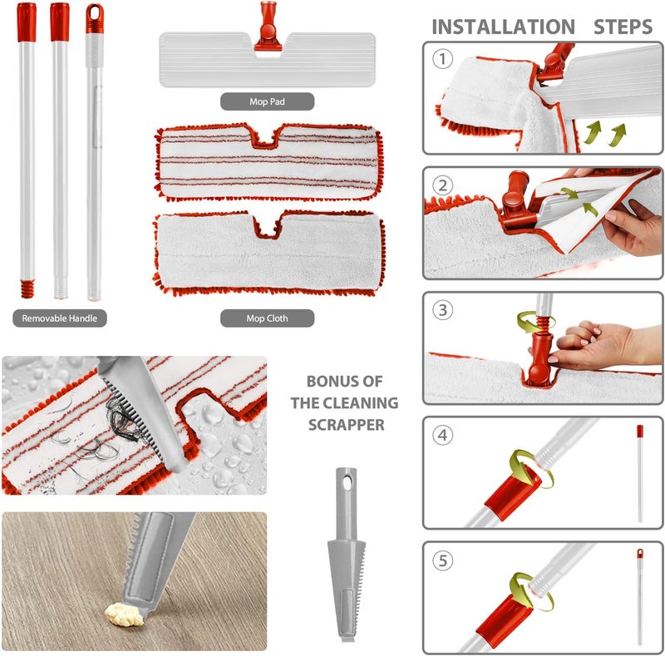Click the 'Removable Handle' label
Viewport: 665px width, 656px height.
[x=59, y=318]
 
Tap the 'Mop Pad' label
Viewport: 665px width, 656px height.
[x=267, y=101]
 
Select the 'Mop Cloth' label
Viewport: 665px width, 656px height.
[x=267, y=318]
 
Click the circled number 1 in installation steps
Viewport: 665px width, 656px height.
[x=442, y=59]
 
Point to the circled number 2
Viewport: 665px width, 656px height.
[x=442, y=185]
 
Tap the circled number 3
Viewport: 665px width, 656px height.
[x=442, y=310]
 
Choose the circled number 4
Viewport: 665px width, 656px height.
[x=442, y=436]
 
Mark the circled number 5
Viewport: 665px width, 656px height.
[x=442, y=560]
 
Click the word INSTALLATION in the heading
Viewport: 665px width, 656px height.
[x=504, y=27]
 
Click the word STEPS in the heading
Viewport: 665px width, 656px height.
[x=623, y=27]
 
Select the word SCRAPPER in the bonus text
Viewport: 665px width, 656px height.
[x=346, y=425]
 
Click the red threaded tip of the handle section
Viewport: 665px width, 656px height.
[x=27, y=289]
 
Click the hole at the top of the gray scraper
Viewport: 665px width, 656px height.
[x=347, y=482]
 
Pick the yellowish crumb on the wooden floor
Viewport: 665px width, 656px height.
[x=124, y=614]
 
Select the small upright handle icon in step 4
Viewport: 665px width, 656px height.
[x=640, y=474]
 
